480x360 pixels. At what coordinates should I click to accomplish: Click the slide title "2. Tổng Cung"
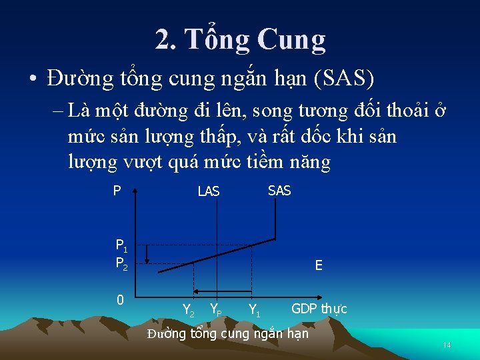pyautogui.click(x=240, y=40)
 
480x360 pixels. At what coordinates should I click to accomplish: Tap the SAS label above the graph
pyautogui.click(x=279, y=191)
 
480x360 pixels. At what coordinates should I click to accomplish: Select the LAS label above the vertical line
pyautogui.click(x=208, y=192)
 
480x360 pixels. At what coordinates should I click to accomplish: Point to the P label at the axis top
pyautogui.click(x=117, y=191)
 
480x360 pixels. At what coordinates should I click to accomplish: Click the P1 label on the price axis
pyautogui.click(x=121, y=245)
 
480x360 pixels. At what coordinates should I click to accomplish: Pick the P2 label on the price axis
pyautogui.click(x=121, y=263)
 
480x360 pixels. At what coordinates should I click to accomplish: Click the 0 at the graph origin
pyautogui.click(x=120, y=300)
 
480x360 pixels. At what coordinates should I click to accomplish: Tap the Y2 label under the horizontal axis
pyautogui.click(x=189, y=309)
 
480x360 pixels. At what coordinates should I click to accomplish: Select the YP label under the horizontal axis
pyautogui.click(x=216, y=309)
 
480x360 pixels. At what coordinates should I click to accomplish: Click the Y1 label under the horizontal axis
pyautogui.click(x=254, y=309)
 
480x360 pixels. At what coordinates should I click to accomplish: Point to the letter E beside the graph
pyautogui.click(x=319, y=265)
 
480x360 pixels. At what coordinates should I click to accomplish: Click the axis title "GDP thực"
pyautogui.click(x=319, y=309)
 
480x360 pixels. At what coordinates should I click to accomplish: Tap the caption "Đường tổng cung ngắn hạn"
pyautogui.click(x=228, y=333)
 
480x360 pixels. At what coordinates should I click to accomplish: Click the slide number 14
pyautogui.click(x=447, y=345)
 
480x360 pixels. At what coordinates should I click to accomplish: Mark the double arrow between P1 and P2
pyautogui.click(x=147, y=255)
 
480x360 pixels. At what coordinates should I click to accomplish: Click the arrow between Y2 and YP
pyautogui.click(x=203, y=291)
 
